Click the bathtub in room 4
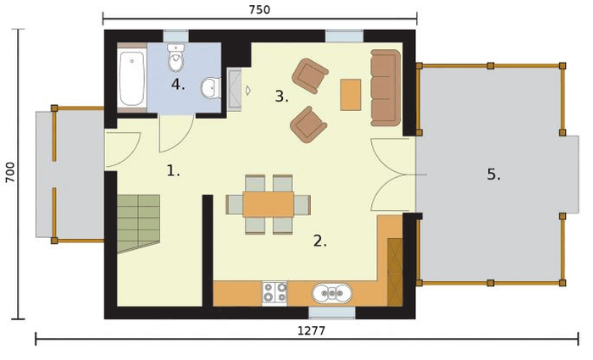132,79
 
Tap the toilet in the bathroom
175,58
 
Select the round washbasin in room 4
210,88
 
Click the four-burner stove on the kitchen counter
275,292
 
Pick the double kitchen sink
332,293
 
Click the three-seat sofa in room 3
385,88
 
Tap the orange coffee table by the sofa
351,95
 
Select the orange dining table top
269,204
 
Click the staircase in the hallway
139,223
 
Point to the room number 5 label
493,174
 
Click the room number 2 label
320,241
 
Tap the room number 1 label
173,171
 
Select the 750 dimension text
259,10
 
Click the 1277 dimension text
311,331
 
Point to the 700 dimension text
10,173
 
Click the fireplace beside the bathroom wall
235,91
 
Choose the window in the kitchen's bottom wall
332,313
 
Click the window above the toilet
176,36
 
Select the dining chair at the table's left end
234,205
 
